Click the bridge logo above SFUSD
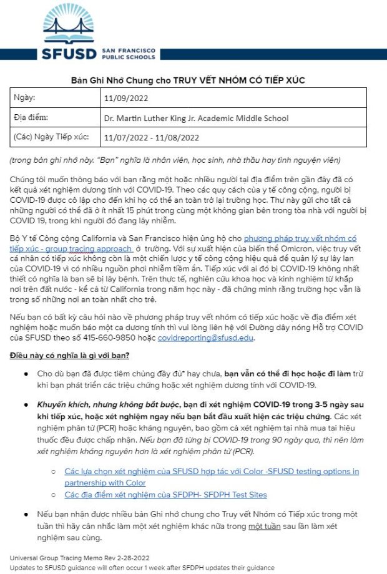(x=70, y=24)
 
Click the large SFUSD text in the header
(x=69, y=52)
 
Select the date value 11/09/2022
(x=126, y=98)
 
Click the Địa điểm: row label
(x=31, y=117)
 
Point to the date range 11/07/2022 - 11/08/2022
(x=152, y=137)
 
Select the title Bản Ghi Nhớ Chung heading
(x=193, y=80)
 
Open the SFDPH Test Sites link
(x=165, y=495)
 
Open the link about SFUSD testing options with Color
(x=212, y=477)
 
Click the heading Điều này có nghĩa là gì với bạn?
(x=69, y=356)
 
